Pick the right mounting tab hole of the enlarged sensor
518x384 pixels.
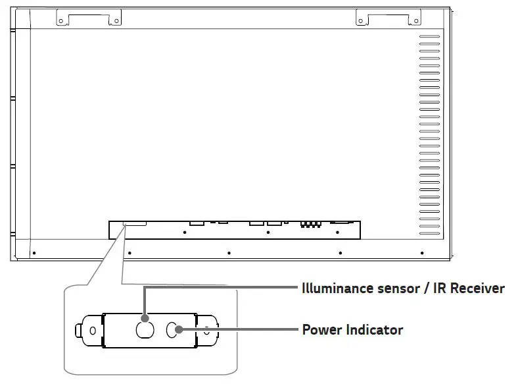click(x=207, y=330)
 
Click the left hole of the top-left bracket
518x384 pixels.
click(x=61, y=21)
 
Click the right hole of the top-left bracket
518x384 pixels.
click(x=116, y=21)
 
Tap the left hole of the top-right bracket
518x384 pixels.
click(x=361, y=21)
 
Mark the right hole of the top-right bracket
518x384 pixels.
click(x=416, y=21)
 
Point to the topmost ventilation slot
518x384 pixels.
click(x=429, y=36)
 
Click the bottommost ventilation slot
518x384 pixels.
click(x=429, y=231)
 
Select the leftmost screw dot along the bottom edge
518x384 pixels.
click(x=34, y=252)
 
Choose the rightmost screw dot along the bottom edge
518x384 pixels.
click(x=422, y=252)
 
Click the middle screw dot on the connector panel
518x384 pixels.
click(x=268, y=233)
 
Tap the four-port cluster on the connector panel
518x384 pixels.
click(x=310, y=224)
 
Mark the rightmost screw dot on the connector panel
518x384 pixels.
click(x=338, y=233)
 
